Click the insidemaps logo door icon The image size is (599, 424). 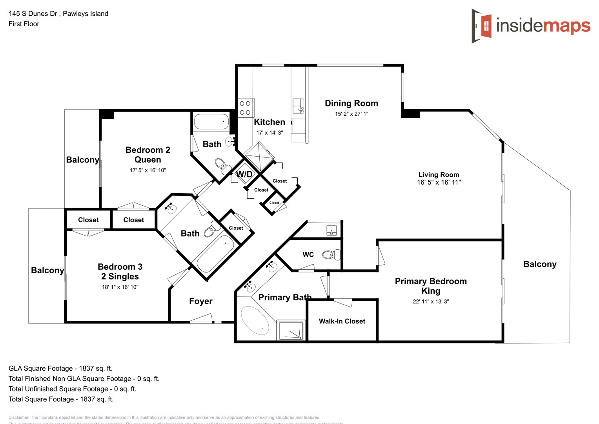482,26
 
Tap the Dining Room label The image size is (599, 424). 351,103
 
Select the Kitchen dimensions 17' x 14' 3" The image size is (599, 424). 269,133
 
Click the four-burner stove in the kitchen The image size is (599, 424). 246,108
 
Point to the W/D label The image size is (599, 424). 244,174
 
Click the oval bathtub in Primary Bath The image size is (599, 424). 255,320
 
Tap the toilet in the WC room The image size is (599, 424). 331,255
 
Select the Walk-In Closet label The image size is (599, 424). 342,321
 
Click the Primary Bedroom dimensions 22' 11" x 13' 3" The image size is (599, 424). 430,302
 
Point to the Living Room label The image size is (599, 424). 439,175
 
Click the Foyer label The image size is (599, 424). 200,301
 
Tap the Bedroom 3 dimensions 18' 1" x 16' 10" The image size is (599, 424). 120,287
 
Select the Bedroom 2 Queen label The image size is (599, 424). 147,155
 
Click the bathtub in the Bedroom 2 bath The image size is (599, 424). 211,122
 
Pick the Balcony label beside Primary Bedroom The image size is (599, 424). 540,264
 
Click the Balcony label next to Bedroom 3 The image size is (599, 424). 47,270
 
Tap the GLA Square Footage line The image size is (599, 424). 60,368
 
